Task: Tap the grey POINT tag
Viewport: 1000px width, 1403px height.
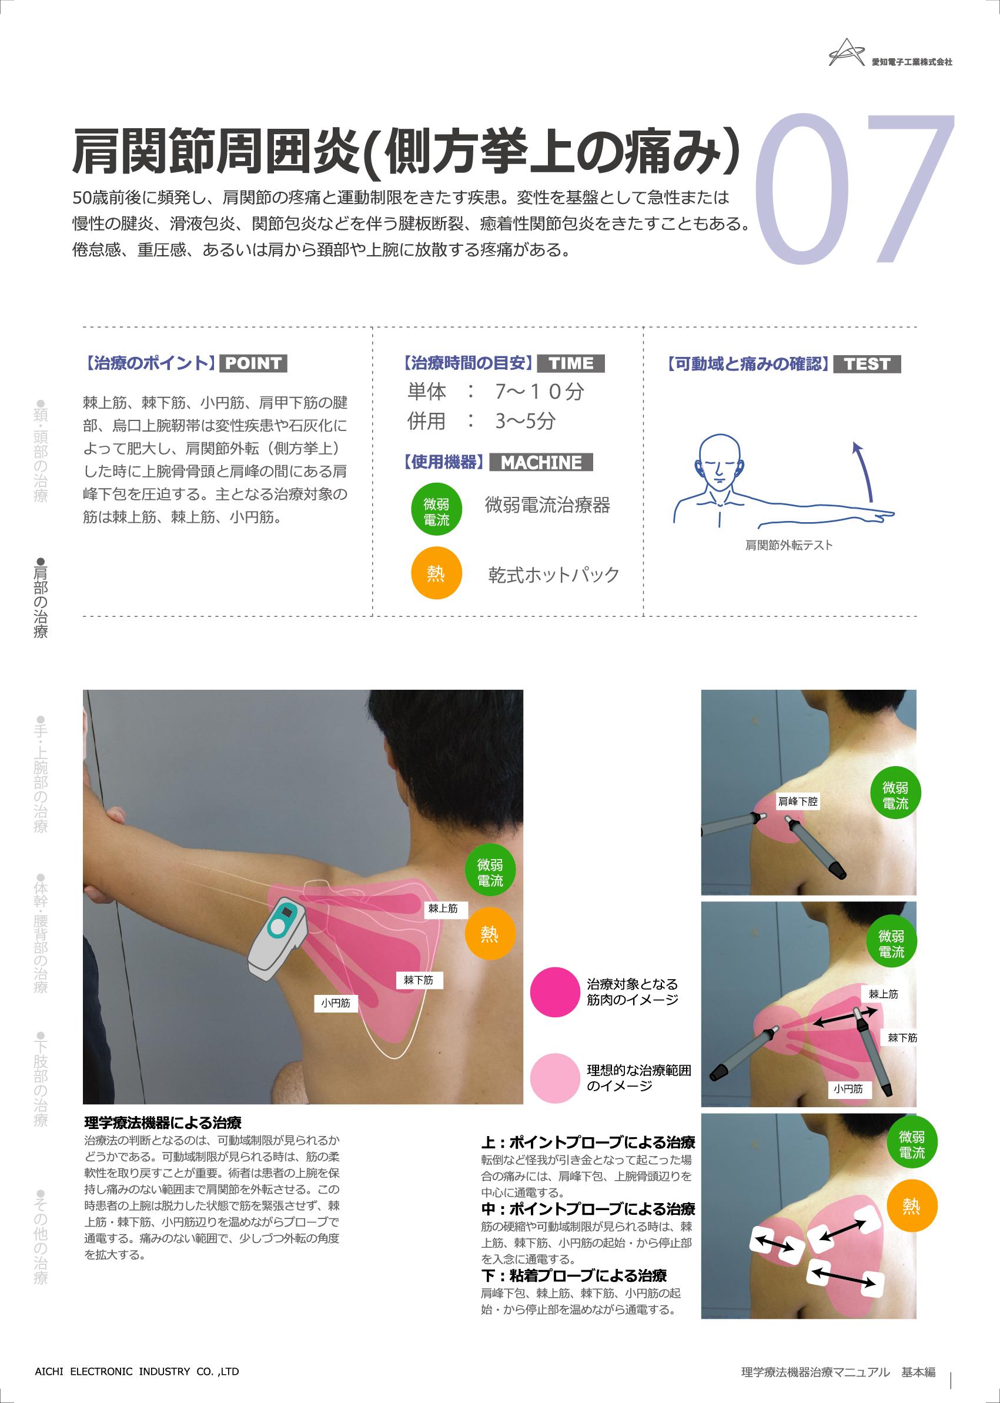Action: pyautogui.click(x=253, y=363)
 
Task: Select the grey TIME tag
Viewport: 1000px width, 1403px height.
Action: pyautogui.click(x=571, y=363)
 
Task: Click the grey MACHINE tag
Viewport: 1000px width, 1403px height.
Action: pyautogui.click(x=541, y=462)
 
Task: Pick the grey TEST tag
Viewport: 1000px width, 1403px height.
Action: pyautogui.click(x=867, y=364)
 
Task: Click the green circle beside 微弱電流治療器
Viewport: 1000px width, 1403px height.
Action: pyautogui.click(x=436, y=509)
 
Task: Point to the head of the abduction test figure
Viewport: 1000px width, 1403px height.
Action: pyautogui.click(x=720, y=459)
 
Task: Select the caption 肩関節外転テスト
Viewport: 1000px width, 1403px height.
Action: pyautogui.click(x=789, y=545)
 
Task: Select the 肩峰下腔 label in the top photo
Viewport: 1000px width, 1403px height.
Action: pyautogui.click(x=797, y=801)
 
